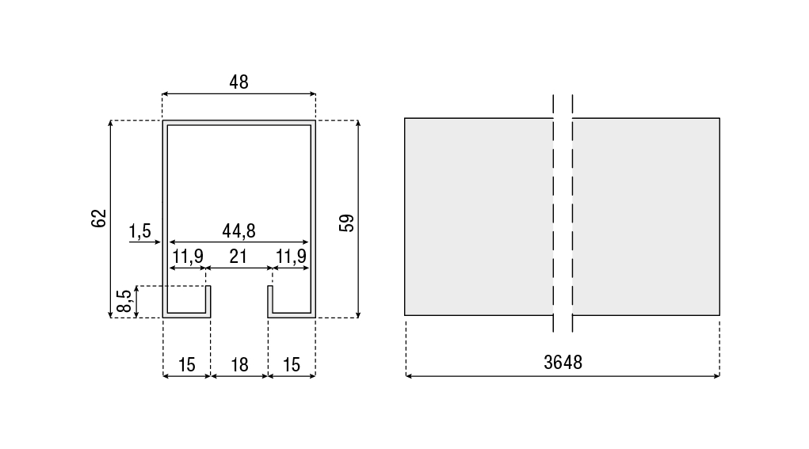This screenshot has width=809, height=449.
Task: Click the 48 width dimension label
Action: (239, 82)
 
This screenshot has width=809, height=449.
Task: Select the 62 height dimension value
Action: (98, 218)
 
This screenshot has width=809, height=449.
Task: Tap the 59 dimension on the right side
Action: (347, 223)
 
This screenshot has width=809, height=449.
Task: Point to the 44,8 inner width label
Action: (239, 230)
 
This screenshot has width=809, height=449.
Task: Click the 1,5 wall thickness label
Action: (139, 231)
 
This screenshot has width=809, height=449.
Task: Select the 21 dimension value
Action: (238, 257)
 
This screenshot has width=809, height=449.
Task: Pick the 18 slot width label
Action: (239, 365)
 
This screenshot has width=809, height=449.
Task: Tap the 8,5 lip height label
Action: (124, 301)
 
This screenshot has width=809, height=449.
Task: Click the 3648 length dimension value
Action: (563, 363)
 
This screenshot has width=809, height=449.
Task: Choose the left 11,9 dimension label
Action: (188, 257)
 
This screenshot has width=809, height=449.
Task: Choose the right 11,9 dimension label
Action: (292, 257)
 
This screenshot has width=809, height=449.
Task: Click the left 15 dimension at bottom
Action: (187, 365)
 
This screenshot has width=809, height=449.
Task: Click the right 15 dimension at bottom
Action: (292, 365)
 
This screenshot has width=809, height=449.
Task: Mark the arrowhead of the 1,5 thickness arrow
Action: (161, 242)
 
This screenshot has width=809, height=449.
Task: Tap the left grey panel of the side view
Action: (479, 216)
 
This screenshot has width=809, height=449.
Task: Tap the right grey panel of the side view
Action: (646, 216)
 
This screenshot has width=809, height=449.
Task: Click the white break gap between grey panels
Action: (563, 216)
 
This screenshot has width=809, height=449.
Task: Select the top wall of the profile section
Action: (239, 123)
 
